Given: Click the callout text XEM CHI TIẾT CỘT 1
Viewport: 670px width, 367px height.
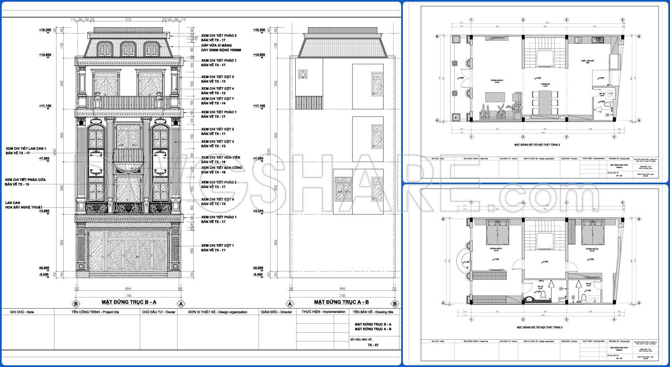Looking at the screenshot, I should [x=217, y=246].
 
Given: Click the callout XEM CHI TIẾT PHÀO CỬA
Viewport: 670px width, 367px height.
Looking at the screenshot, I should [x=25, y=180].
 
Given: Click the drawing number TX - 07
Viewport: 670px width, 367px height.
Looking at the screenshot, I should [x=373, y=345].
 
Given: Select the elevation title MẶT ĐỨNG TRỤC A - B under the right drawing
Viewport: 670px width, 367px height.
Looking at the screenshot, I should [x=341, y=302].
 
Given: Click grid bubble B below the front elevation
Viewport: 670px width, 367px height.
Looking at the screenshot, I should [x=76, y=304].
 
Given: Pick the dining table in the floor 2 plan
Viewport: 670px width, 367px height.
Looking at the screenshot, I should [x=543, y=102].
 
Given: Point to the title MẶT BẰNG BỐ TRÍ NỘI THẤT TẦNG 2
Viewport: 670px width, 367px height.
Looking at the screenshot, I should [x=537, y=145].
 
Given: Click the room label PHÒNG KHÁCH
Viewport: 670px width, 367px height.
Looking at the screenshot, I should [x=497, y=80].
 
